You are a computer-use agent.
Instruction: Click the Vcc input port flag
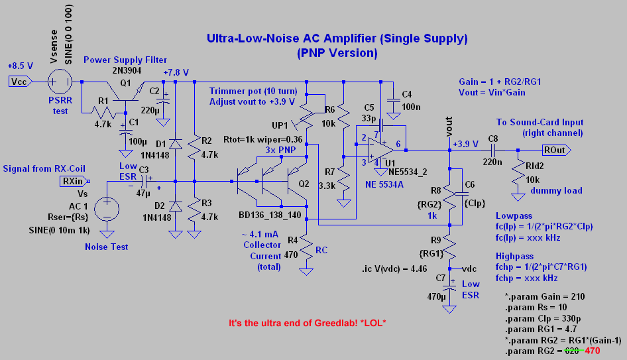click(19, 82)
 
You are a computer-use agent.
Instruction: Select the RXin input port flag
click(73, 180)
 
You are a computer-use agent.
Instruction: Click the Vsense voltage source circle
click(60, 82)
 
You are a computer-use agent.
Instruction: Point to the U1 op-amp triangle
click(379, 149)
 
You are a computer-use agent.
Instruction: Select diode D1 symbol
click(175, 144)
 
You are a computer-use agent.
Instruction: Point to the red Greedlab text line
click(307, 324)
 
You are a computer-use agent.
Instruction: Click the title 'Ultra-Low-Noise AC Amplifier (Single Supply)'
click(337, 38)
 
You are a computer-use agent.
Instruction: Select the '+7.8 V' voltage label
click(176, 72)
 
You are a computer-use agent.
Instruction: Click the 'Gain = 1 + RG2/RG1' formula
click(500, 82)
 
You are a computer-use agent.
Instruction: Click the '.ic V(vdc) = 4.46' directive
click(398, 269)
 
